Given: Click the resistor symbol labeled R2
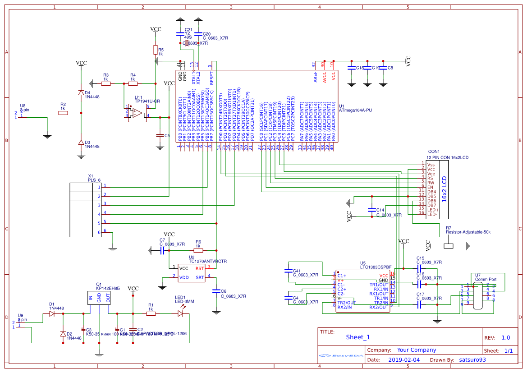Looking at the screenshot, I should pyautogui.click(x=63, y=113).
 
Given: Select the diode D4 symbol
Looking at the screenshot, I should pyautogui.click(x=81, y=93).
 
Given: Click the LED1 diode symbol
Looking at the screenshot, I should pyautogui.click(x=181, y=313).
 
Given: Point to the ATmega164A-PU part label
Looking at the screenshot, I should pyautogui.click(x=356, y=110).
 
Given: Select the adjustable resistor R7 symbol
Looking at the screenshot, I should pyautogui.click(x=449, y=246).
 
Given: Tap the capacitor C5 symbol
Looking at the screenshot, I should pyautogui.click(x=159, y=135).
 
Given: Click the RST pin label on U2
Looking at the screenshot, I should pyautogui.click(x=199, y=268).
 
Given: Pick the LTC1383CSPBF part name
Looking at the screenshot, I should pyautogui.click(x=376, y=267).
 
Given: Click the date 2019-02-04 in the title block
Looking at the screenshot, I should pyautogui.click(x=403, y=360).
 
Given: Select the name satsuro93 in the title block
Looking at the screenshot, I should pyautogui.click(x=472, y=360).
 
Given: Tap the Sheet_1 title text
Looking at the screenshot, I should pyautogui.click(x=358, y=337).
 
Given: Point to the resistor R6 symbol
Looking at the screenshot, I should pyautogui.click(x=198, y=250).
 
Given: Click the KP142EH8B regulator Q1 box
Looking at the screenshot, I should pyautogui.click(x=99, y=298).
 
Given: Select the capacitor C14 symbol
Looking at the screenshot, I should pyautogui.click(x=371, y=210).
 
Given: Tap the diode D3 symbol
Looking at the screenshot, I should pyautogui.click(x=81, y=142).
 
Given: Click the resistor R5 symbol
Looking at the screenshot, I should pyautogui.click(x=156, y=50).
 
